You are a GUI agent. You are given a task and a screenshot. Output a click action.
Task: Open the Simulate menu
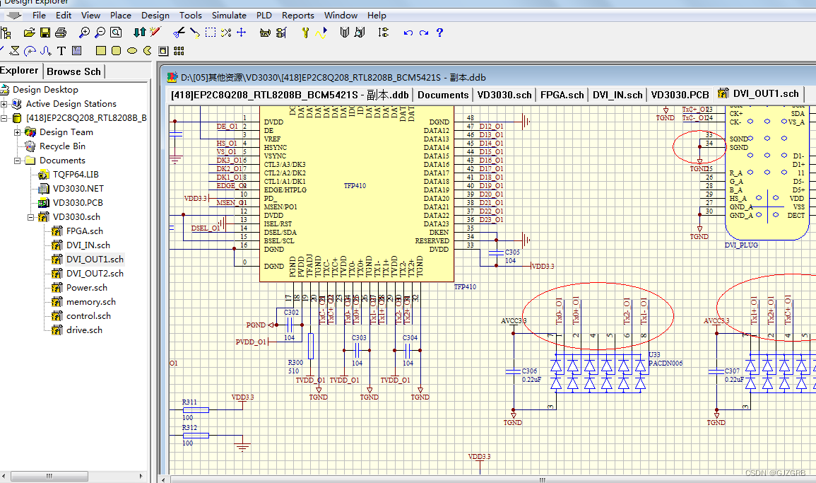[229, 15]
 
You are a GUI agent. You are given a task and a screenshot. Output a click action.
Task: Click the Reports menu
[297, 15]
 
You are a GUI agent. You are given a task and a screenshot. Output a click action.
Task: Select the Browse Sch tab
[74, 71]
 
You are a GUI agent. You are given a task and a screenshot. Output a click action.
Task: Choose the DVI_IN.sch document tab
[617, 95]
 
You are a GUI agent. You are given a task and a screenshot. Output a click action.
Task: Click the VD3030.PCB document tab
[680, 95]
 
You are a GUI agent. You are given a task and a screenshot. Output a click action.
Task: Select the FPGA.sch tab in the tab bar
[562, 95]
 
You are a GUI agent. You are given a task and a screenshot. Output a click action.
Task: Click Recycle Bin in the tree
[62, 146]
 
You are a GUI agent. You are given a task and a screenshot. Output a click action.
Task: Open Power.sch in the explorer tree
[87, 288]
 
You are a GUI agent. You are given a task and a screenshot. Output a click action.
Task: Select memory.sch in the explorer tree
[90, 302]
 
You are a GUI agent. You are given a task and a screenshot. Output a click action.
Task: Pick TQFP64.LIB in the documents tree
[76, 175]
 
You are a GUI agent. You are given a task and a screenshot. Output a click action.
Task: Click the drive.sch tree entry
[85, 330]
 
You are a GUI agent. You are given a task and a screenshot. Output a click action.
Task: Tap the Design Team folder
[66, 132]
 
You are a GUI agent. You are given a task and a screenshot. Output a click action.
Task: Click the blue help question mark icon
[439, 33]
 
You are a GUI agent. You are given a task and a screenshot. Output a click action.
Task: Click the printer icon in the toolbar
[61, 33]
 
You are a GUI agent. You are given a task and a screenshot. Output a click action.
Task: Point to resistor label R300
[295, 363]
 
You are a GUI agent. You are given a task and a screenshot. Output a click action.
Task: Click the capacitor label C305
[512, 252]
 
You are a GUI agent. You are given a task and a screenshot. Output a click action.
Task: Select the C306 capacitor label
[530, 371]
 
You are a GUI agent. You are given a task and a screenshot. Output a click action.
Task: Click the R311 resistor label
[189, 402]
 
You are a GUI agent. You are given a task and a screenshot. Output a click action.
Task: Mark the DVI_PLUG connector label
[741, 245]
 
